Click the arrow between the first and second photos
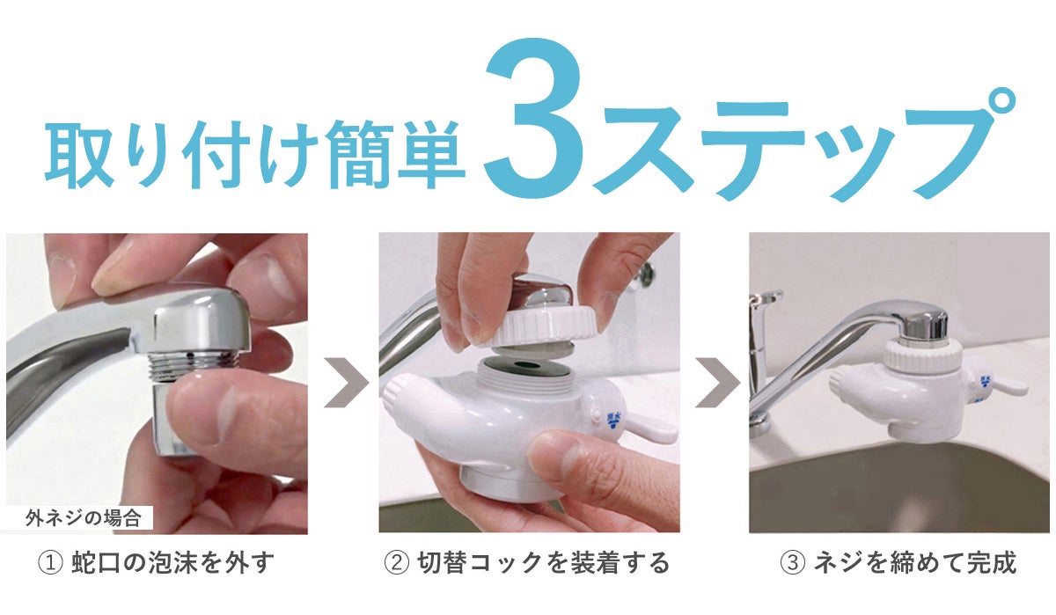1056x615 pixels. tap(345, 384)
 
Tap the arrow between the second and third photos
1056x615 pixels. tap(715, 384)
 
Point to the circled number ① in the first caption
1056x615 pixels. tap(49, 562)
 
